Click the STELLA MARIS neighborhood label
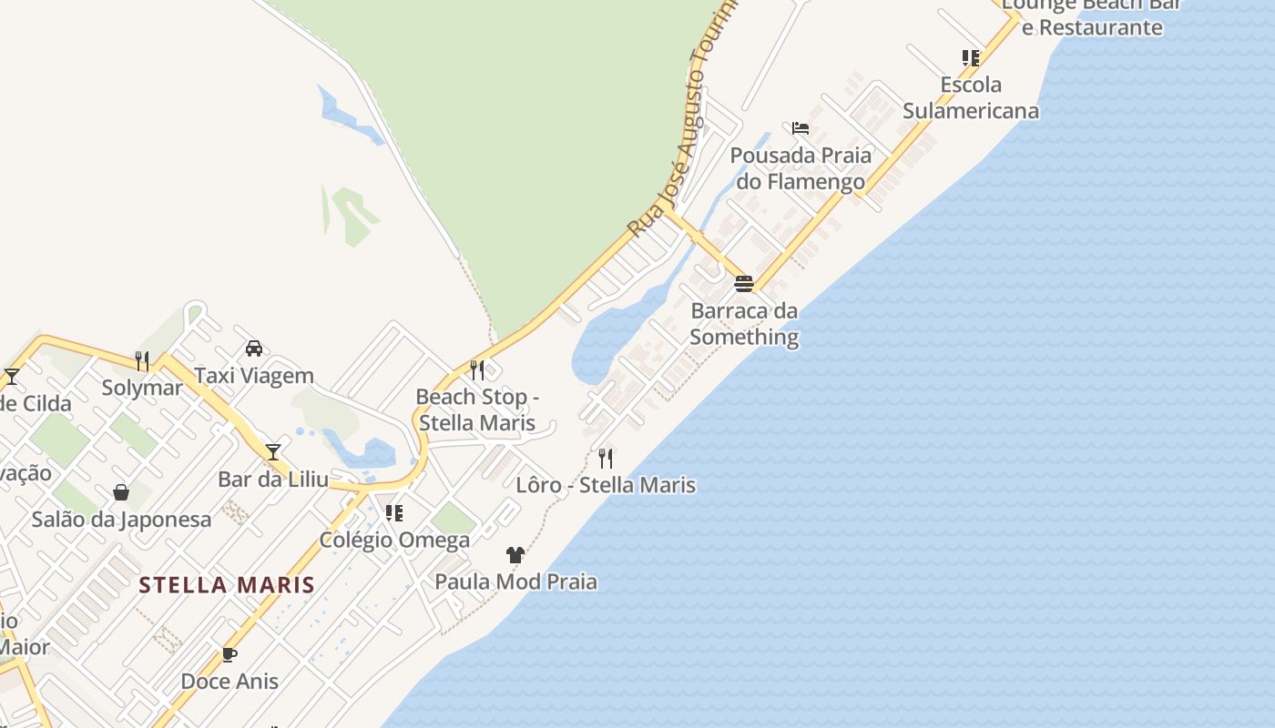coord(227,585)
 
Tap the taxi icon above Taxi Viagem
coord(254,349)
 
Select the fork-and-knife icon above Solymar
coord(142,361)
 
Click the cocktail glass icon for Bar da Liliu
coord(273,451)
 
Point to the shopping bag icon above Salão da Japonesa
coord(121,492)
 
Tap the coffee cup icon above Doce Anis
coord(229,654)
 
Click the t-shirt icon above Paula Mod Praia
coord(515,554)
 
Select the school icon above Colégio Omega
coord(394,513)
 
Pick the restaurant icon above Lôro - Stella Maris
coord(606,458)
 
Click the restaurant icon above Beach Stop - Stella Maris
coord(477,369)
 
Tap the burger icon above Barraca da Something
coord(744,284)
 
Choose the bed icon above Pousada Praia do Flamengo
coord(801,128)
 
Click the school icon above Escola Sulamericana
coord(971,58)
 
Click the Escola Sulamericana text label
coord(971,98)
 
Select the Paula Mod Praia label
coord(515,581)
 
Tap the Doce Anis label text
coord(229,682)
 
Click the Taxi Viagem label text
coord(254,376)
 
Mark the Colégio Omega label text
coord(394,541)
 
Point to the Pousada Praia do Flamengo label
coord(801,168)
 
